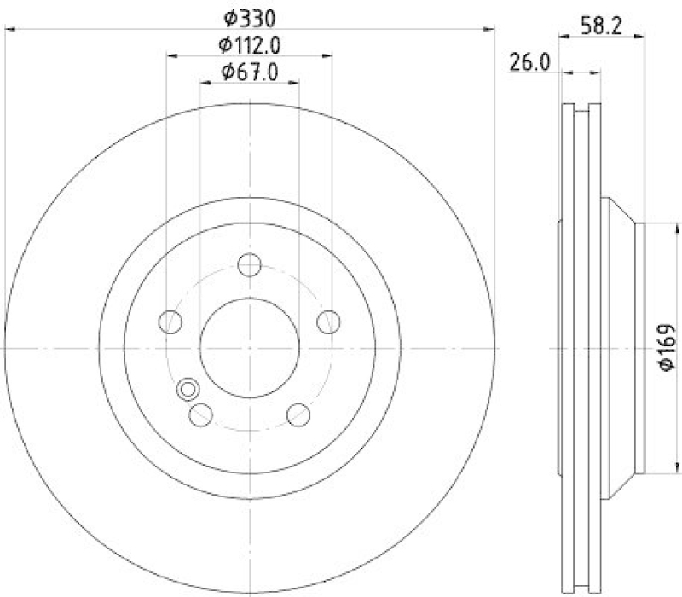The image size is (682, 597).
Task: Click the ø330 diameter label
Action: click(250, 17)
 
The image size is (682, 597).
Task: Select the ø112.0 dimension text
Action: click(250, 44)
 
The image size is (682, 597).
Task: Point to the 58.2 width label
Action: click(600, 25)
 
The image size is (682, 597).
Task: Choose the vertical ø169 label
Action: click(668, 348)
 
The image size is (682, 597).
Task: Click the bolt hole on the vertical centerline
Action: click(249, 265)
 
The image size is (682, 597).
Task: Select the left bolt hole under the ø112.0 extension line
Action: click(171, 322)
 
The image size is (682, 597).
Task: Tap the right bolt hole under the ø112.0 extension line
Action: click(327, 322)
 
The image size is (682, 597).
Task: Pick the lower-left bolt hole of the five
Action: click(201, 414)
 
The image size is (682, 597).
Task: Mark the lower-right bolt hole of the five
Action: click(298, 414)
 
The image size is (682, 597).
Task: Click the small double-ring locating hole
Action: click(186, 390)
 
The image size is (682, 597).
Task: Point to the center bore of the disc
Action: click(249, 348)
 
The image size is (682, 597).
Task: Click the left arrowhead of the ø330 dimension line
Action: click(9, 29)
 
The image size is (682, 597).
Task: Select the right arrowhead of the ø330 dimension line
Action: click(489, 29)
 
